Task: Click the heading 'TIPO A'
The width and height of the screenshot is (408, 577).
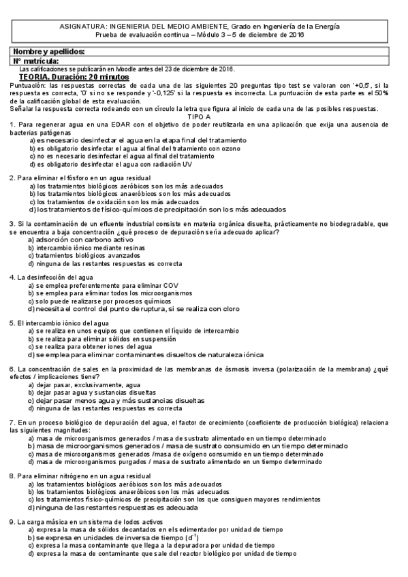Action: pyautogui.click(x=204, y=116)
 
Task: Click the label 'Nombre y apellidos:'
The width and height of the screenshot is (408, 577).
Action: pyautogui.click(x=49, y=52)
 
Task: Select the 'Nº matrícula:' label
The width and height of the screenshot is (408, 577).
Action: pyautogui.click(x=40, y=61)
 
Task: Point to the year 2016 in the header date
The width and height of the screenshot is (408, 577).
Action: pyautogui.click(x=296, y=34)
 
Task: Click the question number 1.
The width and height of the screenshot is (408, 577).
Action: pyautogui.click(x=12, y=124)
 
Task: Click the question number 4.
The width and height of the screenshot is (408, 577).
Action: pyautogui.click(x=12, y=278)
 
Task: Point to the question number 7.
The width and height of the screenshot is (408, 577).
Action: pyautogui.click(x=12, y=423)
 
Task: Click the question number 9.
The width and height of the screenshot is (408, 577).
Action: pyautogui.click(x=12, y=522)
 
